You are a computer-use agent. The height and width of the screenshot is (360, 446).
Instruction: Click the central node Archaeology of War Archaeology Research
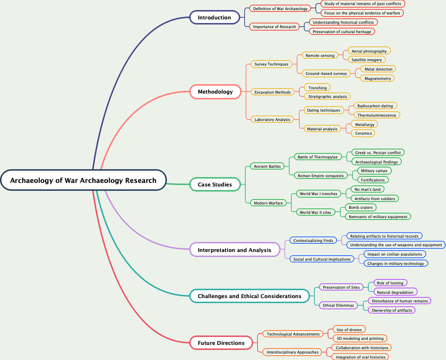click(x=83, y=180)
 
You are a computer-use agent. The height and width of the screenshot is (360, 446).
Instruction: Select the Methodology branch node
click(x=215, y=92)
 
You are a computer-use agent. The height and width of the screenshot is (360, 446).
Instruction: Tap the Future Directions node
click(x=221, y=343)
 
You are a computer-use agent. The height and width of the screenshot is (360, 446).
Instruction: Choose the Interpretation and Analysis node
click(x=235, y=250)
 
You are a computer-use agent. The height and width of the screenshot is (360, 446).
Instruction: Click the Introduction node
click(x=214, y=18)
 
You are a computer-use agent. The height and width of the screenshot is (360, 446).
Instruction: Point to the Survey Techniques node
click(x=271, y=64)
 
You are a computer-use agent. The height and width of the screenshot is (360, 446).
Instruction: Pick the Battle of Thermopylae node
click(x=318, y=157)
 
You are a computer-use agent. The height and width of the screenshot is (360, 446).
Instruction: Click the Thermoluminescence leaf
click(x=377, y=116)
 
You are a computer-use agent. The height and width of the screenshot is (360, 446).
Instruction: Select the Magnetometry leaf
click(x=378, y=79)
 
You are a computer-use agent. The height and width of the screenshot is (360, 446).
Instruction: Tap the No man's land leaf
click(x=367, y=190)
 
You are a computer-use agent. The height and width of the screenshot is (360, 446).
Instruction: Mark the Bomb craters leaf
click(x=360, y=208)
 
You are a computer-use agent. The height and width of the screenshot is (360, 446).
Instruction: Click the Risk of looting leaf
click(x=390, y=283)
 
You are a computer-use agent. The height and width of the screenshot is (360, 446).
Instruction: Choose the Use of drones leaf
click(x=349, y=330)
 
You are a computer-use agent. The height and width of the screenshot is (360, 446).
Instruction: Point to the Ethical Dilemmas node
click(x=338, y=306)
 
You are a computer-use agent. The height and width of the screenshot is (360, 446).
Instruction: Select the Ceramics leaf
click(x=363, y=134)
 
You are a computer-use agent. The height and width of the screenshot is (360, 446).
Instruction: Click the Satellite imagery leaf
click(x=367, y=60)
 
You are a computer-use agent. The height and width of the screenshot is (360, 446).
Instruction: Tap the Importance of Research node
click(x=274, y=27)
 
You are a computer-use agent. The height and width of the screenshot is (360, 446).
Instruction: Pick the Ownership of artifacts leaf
click(x=392, y=311)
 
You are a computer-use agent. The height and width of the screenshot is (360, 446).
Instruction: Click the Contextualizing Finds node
click(x=313, y=241)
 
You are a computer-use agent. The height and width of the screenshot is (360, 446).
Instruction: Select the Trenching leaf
click(x=317, y=88)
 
